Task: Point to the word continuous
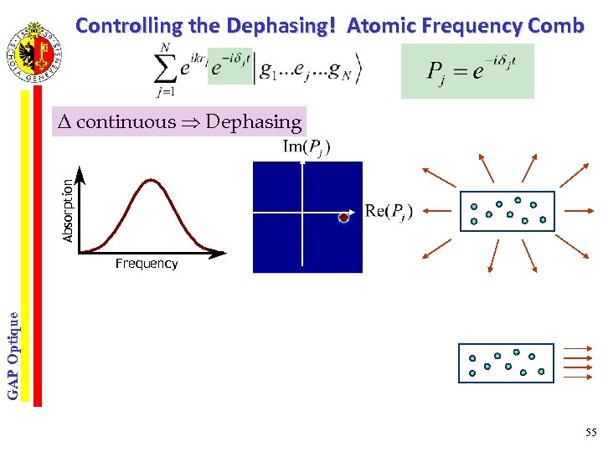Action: click(x=126, y=122)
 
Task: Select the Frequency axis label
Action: click(x=147, y=264)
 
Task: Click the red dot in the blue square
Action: click(x=343, y=218)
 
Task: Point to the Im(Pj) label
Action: click(x=307, y=147)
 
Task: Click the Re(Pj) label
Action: click(x=389, y=211)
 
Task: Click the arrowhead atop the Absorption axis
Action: click(x=81, y=174)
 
